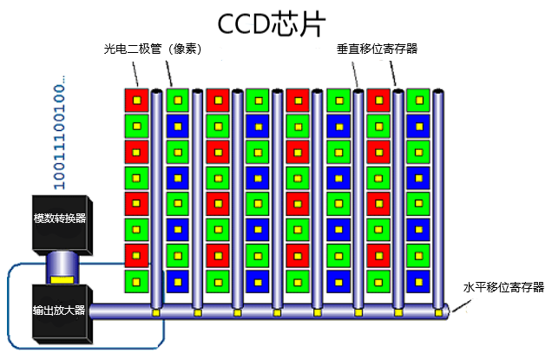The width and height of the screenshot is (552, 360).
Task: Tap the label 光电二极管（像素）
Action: tap(152, 49)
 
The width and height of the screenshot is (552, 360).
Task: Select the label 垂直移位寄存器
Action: tap(377, 49)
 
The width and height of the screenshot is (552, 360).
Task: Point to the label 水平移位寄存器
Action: tap(502, 287)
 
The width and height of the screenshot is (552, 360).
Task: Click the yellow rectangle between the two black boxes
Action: tap(62, 279)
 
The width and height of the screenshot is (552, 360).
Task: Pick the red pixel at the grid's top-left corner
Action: tap(135, 100)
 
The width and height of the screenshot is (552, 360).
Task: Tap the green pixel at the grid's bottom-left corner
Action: tap(135, 280)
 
